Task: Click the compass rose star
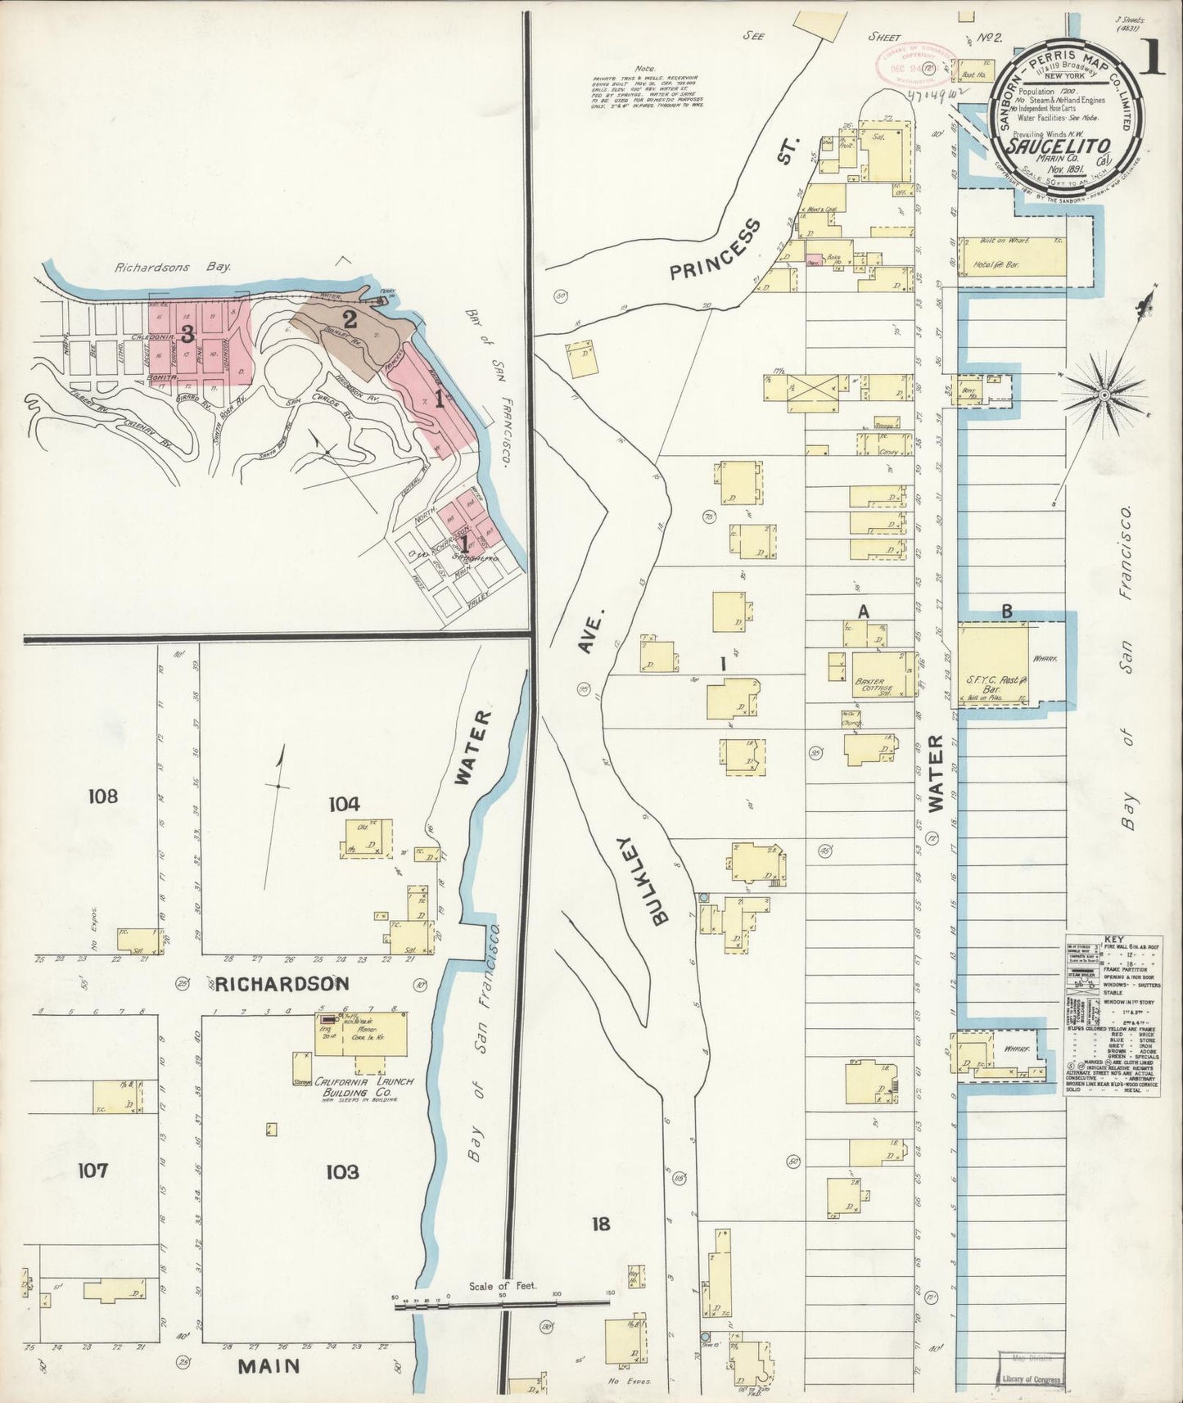coord(1103,395)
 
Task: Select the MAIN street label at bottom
coord(269,1365)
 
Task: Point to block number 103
coord(342,1172)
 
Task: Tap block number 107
coord(93,1171)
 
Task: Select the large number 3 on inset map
coord(187,334)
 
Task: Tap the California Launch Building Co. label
coord(359,1086)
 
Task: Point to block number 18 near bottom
coord(602,1225)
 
